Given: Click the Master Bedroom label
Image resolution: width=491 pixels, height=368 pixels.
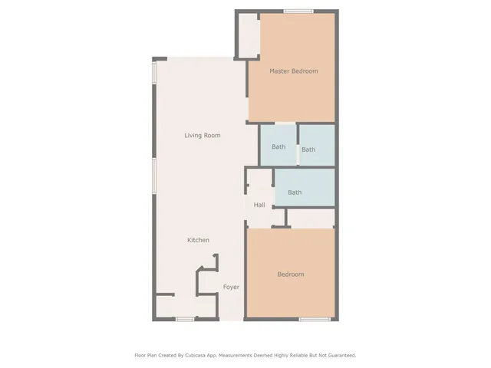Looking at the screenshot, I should (293, 71).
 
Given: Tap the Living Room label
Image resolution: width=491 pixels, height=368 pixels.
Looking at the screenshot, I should (202, 136).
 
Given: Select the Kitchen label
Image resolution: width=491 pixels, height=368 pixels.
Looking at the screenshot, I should (198, 241).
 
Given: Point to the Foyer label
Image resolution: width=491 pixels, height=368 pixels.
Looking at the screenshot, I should (231, 287).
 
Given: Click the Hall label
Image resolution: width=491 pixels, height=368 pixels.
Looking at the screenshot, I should (259, 205).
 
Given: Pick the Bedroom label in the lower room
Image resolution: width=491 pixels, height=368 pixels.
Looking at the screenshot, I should (290, 274).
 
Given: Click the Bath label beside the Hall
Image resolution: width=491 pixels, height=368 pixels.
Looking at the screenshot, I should (295, 192).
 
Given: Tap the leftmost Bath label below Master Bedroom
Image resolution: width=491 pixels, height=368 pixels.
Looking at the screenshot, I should (278, 146).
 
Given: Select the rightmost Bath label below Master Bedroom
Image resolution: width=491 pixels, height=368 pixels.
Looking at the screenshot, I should (308, 149).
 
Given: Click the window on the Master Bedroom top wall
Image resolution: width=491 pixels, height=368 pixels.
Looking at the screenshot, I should (298, 11).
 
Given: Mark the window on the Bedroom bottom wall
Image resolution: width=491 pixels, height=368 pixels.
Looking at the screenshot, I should (315, 319).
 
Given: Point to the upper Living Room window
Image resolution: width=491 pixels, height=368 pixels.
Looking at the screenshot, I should (154, 74).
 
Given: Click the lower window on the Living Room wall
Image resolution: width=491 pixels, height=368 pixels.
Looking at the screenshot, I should (154, 176).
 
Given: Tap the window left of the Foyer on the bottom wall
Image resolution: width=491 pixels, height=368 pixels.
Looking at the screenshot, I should (184, 319).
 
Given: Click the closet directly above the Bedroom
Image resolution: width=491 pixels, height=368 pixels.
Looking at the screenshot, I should (311, 218).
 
